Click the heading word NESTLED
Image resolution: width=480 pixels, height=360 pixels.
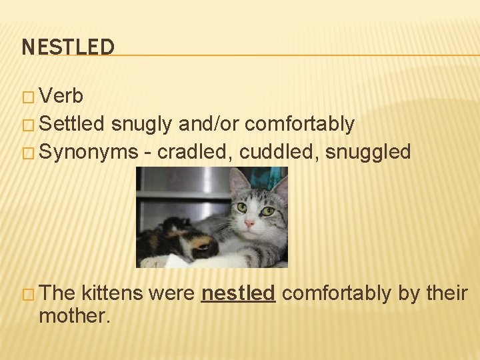coord(68,47)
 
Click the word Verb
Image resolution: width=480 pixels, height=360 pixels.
coord(61,97)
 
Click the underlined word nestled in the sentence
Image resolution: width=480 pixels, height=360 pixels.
coord(238,293)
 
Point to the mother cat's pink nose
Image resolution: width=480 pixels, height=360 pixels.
coord(249,224)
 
